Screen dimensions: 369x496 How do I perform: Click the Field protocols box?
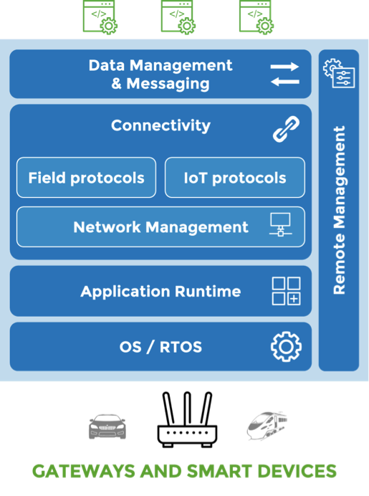point(86,178)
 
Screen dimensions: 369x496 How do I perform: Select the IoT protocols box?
point(235,178)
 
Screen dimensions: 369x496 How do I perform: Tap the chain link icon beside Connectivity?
point(286,129)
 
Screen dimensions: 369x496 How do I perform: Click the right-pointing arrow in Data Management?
point(284,67)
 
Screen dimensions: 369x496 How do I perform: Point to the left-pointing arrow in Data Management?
point(285,82)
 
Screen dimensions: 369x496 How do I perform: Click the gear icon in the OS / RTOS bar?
point(286,347)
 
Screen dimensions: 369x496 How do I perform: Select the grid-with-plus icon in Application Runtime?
point(286,291)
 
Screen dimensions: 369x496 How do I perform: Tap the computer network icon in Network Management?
point(280,224)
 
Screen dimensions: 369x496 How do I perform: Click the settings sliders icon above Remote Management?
point(339,73)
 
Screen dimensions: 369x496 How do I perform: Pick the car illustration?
point(107,426)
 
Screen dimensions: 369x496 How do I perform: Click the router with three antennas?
point(187,419)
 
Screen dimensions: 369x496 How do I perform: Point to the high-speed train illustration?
point(267,426)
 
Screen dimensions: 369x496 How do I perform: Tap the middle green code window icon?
point(178,17)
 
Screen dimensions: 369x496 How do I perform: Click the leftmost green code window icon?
point(100,17)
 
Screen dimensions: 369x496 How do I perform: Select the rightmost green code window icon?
point(257,17)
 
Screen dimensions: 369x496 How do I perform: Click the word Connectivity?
point(160,125)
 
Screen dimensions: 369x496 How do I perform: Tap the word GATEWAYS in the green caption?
point(84,472)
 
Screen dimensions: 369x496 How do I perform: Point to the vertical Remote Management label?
point(340,210)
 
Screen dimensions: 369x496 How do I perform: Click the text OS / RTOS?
point(160,347)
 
